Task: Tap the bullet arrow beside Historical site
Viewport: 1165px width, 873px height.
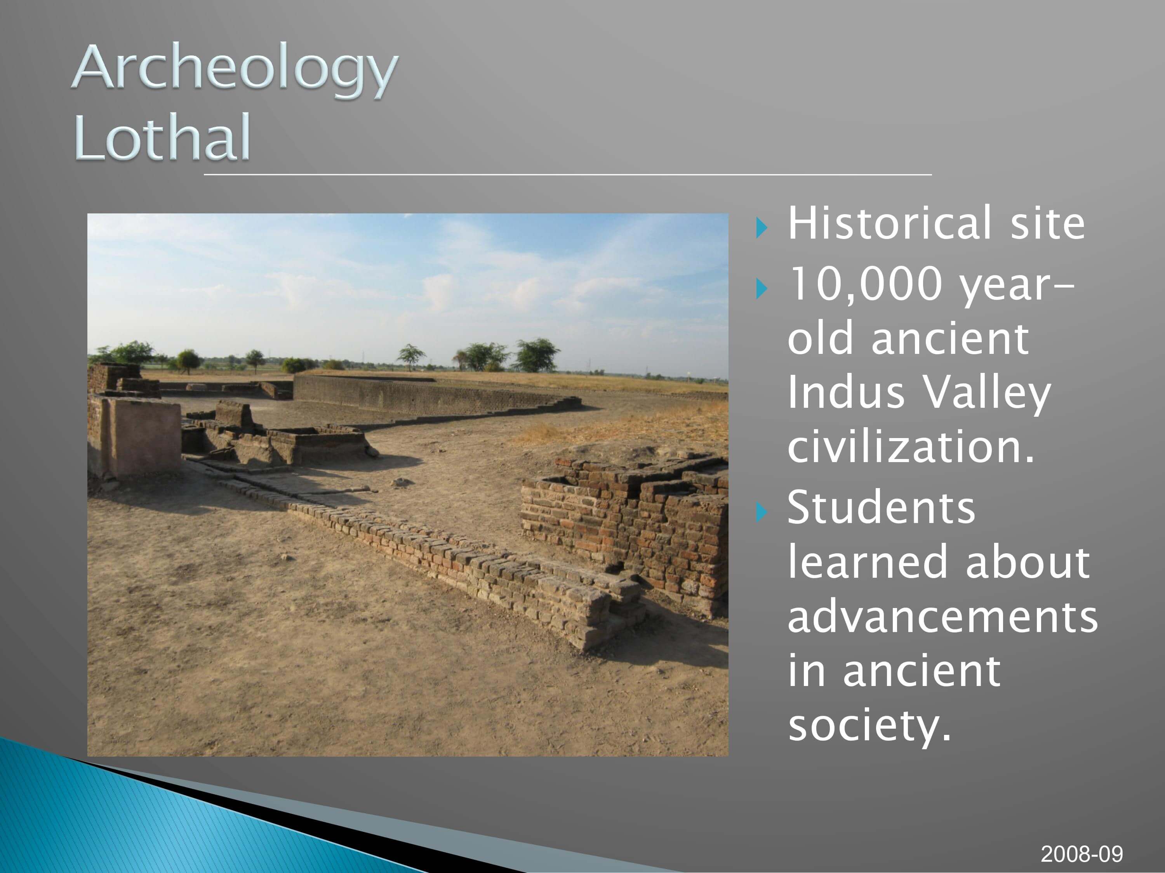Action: click(x=762, y=227)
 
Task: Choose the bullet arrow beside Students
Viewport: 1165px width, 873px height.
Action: click(x=762, y=511)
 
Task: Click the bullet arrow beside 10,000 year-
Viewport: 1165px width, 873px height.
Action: click(x=762, y=288)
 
